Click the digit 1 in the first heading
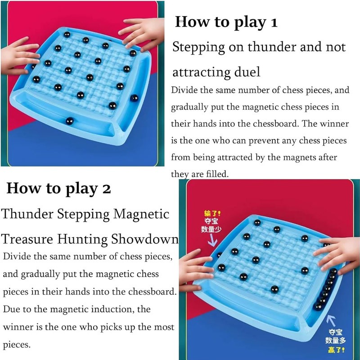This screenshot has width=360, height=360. pos(274,23)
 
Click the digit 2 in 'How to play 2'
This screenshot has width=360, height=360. pos(106,189)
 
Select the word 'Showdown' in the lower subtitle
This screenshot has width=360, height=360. pos(145,239)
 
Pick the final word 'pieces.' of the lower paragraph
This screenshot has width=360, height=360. pos(17,345)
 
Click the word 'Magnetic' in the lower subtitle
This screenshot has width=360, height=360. pos(141,214)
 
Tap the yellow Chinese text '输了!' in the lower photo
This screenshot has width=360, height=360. pos(212,214)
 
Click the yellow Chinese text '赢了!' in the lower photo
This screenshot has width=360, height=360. pos(336,350)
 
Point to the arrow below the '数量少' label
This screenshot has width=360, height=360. pos(212,240)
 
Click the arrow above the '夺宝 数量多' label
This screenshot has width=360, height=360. pos(332,320)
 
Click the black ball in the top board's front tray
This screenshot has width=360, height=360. pos(70,121)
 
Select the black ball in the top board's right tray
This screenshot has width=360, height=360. pos(134,98)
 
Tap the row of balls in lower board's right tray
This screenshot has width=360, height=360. pos(326,289)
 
